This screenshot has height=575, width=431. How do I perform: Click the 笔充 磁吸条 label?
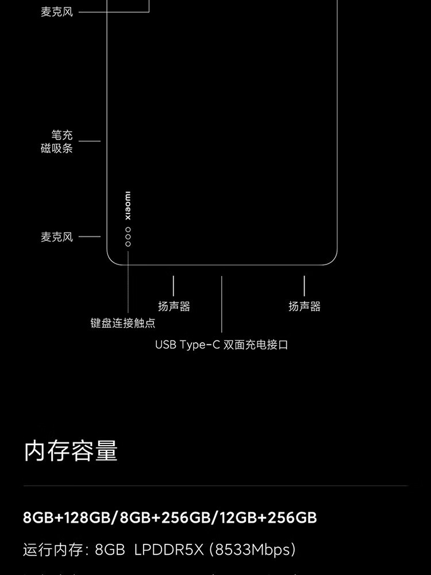pyautogui.click(x=57, y=142)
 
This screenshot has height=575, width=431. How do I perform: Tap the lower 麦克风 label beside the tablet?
pyautogui.click(x=57, y=237)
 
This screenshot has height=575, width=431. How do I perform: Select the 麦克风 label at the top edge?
pyautogui.click(x=57, y=11)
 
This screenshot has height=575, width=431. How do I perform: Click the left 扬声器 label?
pyautogui.click(x=174, y=306)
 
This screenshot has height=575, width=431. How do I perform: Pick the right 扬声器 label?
pyautogui.click(x=304, y=306)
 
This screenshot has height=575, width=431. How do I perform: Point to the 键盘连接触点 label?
pyautogui.click(x=123, y=323)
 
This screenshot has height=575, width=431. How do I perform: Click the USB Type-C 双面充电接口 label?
pyautogui.click(x=221, y=345)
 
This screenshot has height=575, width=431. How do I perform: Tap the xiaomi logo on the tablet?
pyautogui.click(x=128, y=205)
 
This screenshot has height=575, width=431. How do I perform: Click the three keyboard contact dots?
pyautogui.click(x=128, y=237)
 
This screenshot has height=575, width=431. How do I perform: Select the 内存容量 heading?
pyautogui.click(x=71, y=451)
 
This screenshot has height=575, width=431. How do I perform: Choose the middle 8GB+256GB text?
pyautogui.click(x=165, y=517)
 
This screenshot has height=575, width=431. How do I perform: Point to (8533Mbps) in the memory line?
pyautogui.click(x=253, y=550)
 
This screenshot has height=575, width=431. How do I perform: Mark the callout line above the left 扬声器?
pyautogui.click(x=174, y=286)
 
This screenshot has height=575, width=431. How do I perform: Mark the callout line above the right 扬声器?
pyautogui.click(x=304, y=286)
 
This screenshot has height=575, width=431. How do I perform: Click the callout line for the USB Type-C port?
pyautogui.click(x=221, y=305)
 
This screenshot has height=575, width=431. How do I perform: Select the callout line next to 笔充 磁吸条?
pyautogui.click(x=90, y=141)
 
